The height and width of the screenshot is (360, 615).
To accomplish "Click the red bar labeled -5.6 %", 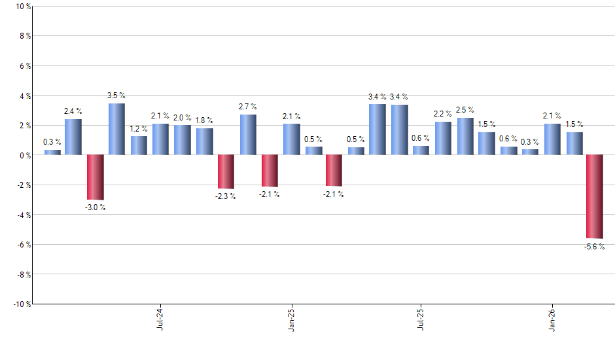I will tap(595, 196).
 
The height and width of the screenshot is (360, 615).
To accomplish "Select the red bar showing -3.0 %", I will tap(96, 177).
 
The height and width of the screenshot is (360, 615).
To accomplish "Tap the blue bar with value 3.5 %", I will tap(116, 130).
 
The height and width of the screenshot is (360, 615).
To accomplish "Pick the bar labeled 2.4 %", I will tap(73, 137).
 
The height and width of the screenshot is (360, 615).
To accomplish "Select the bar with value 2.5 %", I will tap(465, 136).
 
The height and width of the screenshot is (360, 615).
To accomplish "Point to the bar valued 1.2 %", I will tap(139, 145).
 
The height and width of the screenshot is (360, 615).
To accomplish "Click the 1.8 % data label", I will tap(205, 120).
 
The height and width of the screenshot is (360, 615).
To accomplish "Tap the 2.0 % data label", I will tap(183, 118).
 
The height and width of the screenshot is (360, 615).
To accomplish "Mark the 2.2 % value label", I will tap(443, 114).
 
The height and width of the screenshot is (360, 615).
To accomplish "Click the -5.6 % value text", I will tap(595, 247).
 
